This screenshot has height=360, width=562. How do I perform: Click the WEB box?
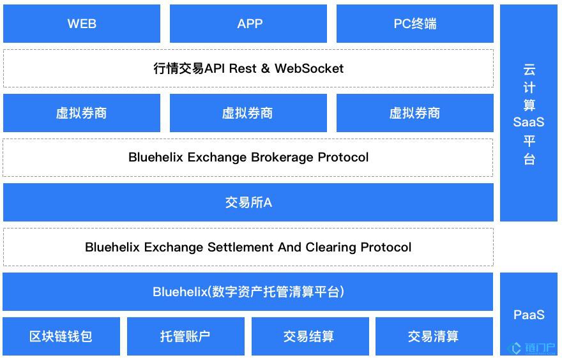[82, 24]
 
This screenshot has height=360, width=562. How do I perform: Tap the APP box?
[248, 24]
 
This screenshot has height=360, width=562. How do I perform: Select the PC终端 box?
[415, 24]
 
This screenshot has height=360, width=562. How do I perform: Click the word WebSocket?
[309, 68]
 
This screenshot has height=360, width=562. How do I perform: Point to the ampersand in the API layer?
[265, 68]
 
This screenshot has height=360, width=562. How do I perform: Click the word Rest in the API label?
[243, 68]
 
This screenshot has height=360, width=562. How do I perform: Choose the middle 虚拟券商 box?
[248, 113]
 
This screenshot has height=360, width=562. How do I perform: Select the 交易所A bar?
[248, 202]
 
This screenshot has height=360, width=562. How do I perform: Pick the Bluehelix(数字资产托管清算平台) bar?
[248, 292]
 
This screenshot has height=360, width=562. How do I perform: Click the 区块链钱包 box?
[61, 336]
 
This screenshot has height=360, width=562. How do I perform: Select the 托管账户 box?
[186, 336]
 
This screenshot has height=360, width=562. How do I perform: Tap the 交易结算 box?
[310, 336]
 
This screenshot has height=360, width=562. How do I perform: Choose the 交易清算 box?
[434, 336]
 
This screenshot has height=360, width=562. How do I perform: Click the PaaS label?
[529, 315]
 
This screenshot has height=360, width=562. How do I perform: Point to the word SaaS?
[529, 122]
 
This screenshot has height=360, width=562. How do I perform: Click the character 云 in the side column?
[529, 70]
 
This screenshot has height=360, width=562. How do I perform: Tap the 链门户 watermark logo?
[531, 348]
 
